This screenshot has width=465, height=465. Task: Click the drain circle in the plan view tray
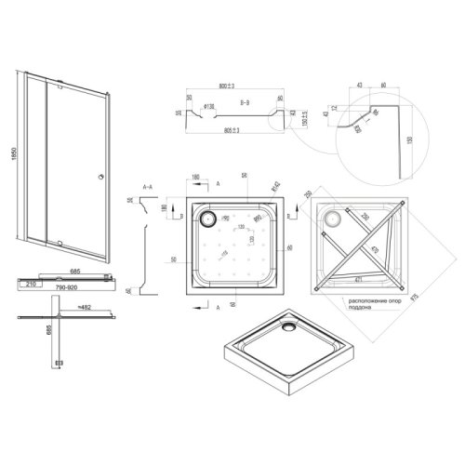[x=206, y=219]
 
